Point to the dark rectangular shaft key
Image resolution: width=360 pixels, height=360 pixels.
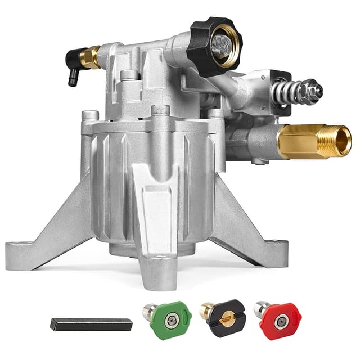91,325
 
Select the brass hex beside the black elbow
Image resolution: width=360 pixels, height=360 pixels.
92,57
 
